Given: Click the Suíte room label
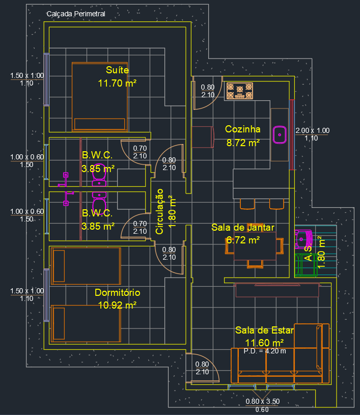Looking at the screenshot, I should click(118, 70).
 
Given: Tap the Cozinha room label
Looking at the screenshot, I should click(243, 129).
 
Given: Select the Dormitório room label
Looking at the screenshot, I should click(118, 293).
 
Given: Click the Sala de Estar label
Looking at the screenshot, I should click(259, 330).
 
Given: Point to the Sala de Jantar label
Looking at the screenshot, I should click(243, 228).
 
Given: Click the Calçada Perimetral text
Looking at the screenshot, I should click(76, 14).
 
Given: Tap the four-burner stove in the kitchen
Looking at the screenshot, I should click(240, 91).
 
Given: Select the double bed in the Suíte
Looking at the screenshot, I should click(99, 97).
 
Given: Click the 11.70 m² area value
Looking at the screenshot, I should click(118, 83).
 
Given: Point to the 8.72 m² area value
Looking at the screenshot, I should click(243, 143).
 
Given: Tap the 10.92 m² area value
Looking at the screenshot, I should click(118, 305).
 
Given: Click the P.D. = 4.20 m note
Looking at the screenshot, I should click(265, 350).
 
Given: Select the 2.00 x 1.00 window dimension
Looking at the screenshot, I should click(312, 130).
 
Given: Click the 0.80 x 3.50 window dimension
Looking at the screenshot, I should click(263, 401).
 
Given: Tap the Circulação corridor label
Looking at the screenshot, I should click(159, 211).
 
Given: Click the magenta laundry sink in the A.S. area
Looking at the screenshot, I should click(304, 237).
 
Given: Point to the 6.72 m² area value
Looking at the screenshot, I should click(243, 239).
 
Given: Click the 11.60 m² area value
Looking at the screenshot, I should click(264, 343).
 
